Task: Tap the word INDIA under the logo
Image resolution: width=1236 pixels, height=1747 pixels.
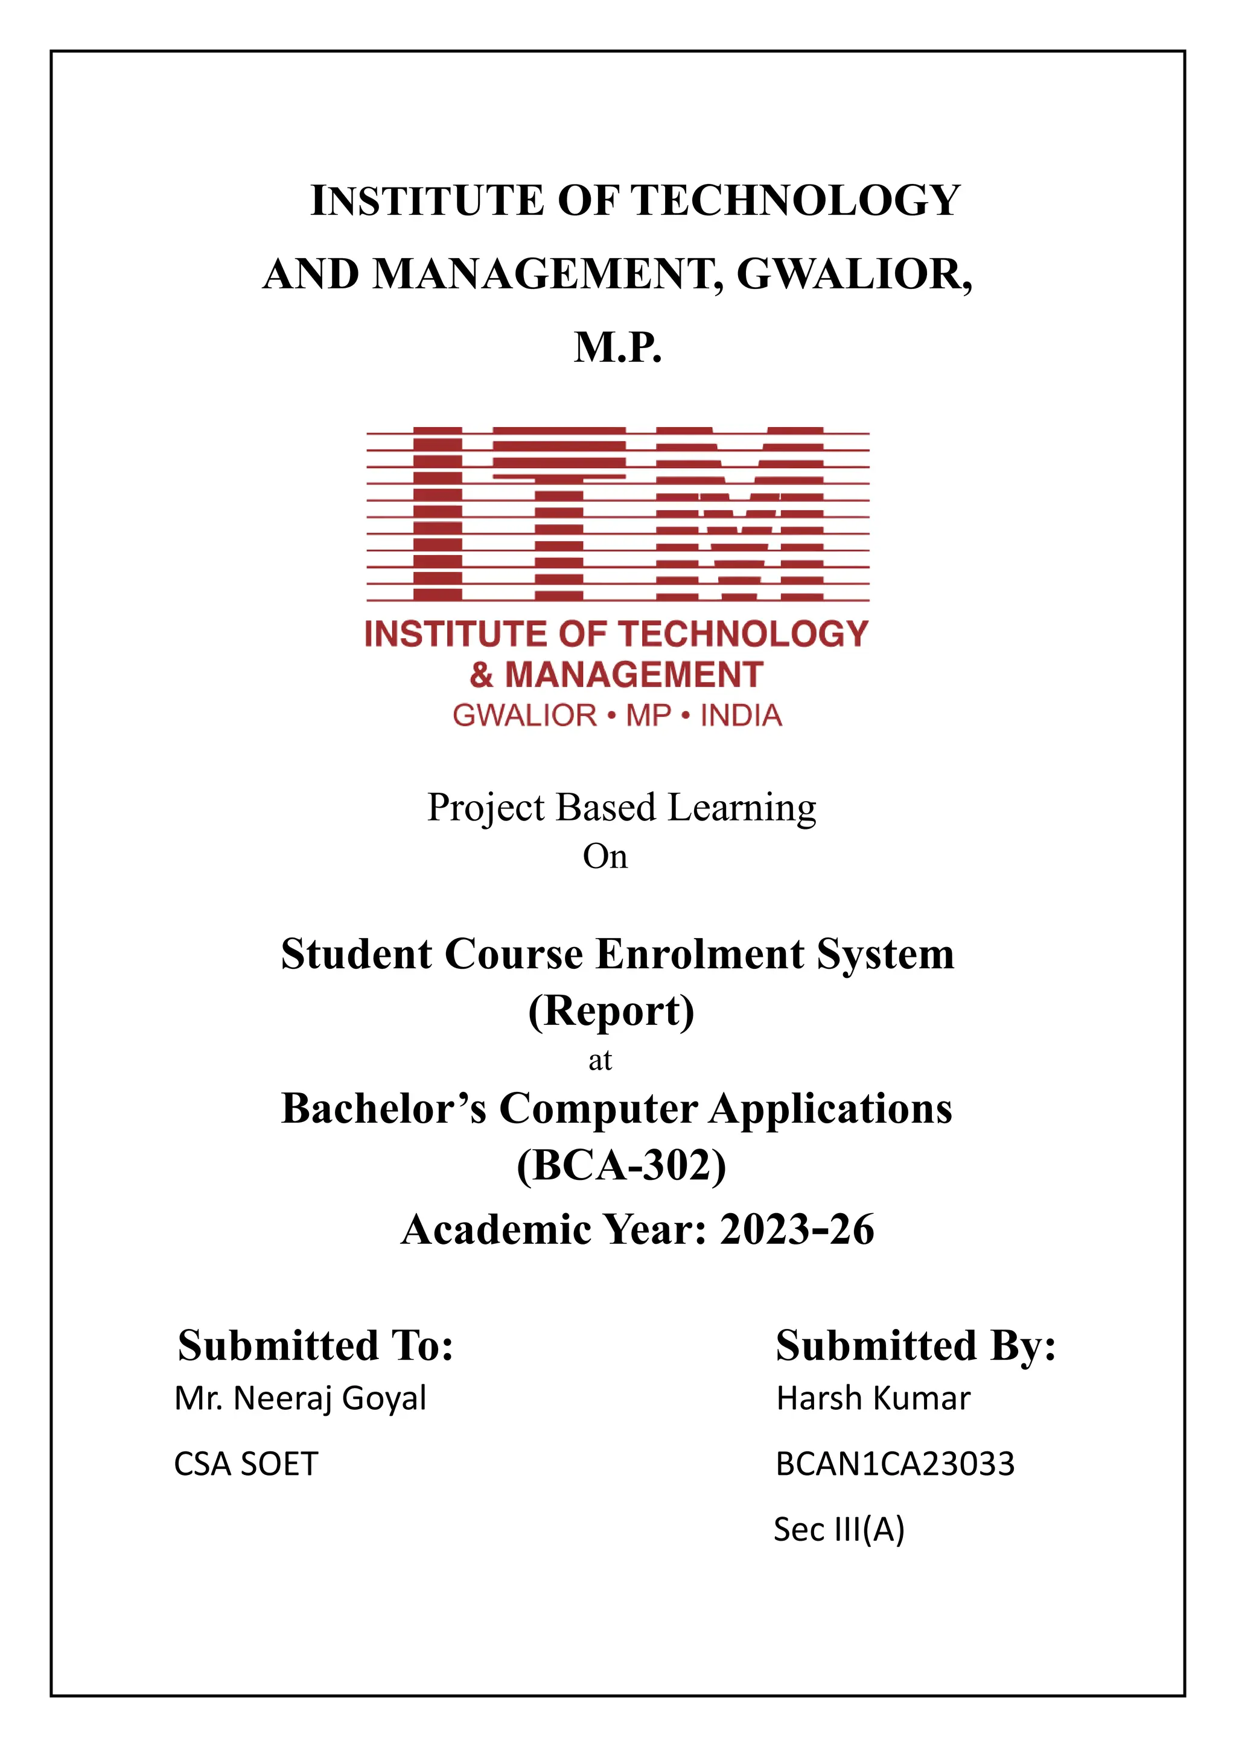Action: pyautogui.click(x=741, y=716)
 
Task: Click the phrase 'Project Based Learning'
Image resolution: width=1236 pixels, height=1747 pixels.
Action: pyautogui.click(x=621, y=808)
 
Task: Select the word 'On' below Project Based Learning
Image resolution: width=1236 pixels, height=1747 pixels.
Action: pyautogui.click(x=605, y=857)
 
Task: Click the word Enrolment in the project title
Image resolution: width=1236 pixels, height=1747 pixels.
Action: pyautogui.click(x=699, y=954)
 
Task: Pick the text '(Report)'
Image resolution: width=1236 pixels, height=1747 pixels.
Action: pyautogui.click(x=611, y=1011)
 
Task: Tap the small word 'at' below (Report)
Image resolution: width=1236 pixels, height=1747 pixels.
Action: pyautogui.click(x=600, y=1060)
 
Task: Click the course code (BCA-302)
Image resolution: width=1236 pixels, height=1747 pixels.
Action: pyautogui.click(x=621, y=1165)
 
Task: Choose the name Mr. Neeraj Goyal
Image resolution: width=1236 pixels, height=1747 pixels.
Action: pyautogui.click(x=300, y=1398)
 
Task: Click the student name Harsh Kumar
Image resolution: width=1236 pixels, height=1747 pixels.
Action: pyautogui.click(x=873, y=1398)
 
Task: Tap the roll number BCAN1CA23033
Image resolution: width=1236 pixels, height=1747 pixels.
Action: pyautogui.click(x=895, y=1464)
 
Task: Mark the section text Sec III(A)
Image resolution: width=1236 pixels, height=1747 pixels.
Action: pyautogui.click(x=839, y=1529)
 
